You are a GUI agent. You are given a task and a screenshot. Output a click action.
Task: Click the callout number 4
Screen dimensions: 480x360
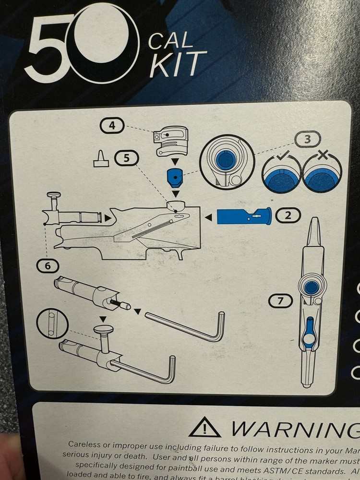(111, 126)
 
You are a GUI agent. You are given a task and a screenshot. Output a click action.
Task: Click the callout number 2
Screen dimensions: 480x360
(288, 216)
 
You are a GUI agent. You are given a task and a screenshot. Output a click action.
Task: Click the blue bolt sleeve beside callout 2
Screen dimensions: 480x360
(244, 216)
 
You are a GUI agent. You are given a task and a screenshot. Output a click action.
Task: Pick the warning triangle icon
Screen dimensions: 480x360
(204, 427)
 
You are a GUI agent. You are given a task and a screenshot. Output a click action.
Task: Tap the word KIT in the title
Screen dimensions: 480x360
(178, 65)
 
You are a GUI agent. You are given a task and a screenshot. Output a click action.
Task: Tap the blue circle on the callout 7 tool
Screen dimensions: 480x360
(312, 287)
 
